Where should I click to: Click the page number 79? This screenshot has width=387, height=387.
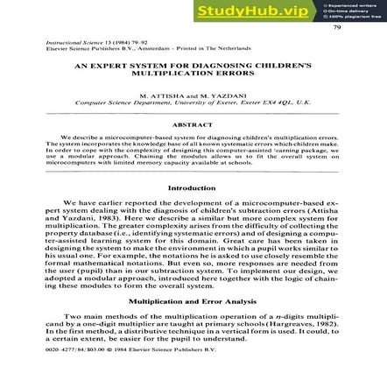[338, 27]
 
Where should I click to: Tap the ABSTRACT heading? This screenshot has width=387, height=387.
[193, 124]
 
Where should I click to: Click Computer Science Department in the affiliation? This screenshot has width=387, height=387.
[116, 101]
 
